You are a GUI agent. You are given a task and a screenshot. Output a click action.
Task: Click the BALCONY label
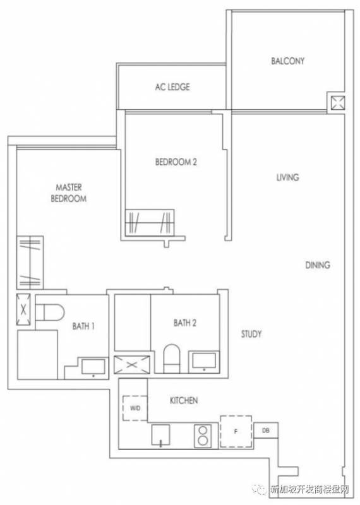tap(287, 61)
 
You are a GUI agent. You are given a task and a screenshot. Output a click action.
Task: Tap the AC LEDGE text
tap(172, 87)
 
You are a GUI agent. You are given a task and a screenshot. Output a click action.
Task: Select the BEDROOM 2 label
tap(176, 162)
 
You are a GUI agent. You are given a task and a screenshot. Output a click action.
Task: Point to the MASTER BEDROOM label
tap(69, 193)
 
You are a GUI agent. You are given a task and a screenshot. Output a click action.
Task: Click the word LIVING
tap(287, 177)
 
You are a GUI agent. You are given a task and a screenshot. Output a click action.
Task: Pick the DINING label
tap(318, 265)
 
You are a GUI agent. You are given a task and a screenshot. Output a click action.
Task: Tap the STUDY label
tap(251, 334)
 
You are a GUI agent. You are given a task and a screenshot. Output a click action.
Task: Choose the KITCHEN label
tap(184, 400)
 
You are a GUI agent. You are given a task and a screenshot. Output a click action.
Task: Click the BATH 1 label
tap(83, 326)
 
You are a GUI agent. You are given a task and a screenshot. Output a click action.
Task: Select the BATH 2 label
tap(184, 323)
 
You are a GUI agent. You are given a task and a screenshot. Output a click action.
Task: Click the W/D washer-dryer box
tap(135, 408)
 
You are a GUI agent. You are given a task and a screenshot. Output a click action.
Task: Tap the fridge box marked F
tap(236, 432)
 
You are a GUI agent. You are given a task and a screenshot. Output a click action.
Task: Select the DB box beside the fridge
tap(266, 431)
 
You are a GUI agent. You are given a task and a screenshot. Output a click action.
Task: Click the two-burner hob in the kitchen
tap(203, 436)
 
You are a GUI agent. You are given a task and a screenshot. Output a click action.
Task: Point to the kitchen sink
tap(160, 435)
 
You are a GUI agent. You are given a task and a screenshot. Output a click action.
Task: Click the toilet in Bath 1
tap(50, 312)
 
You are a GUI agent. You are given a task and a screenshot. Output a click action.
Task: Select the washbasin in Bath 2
tap(204, 360)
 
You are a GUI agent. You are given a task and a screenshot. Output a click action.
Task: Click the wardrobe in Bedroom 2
tap(150, 223)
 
